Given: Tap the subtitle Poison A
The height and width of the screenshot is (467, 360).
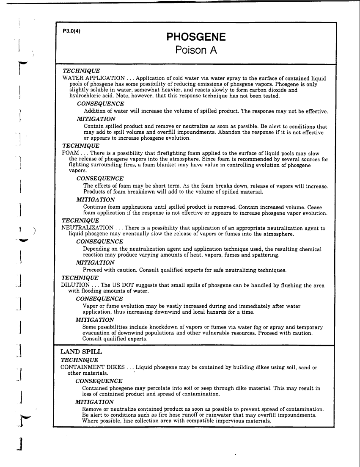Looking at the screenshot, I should tap(196, 51).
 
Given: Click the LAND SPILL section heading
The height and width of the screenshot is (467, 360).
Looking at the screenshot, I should tap(81, 352).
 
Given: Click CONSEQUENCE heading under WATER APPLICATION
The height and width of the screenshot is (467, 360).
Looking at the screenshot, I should tap(101, 104).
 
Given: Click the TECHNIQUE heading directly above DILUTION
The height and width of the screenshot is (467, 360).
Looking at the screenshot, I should tap(80, 278).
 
